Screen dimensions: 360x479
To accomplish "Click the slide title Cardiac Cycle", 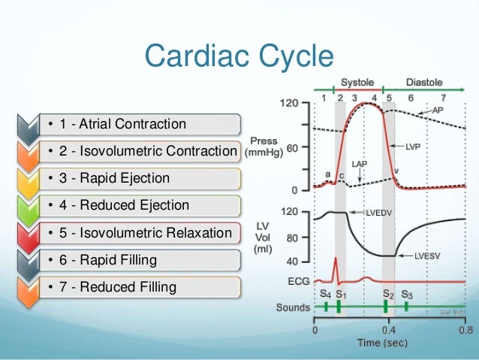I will pos(239,55).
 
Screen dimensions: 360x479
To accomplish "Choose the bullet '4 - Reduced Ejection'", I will pos(114,205).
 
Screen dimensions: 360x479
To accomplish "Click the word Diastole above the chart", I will pos(424,82).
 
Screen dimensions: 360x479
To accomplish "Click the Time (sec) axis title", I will pos(388,343).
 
